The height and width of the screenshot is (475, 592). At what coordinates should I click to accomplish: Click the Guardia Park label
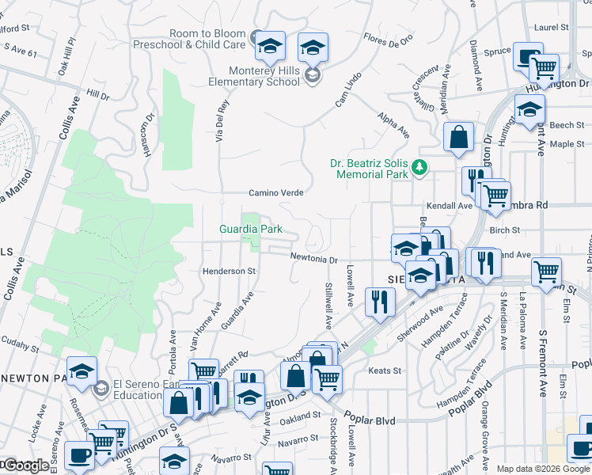point(251,230)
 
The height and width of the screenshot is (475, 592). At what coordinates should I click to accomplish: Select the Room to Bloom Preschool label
point(207,39)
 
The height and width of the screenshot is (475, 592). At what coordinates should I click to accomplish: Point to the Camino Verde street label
point(277,192)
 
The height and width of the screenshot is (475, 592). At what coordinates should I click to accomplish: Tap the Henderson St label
point(230,271)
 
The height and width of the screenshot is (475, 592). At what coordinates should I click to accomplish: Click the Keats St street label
point(385,370)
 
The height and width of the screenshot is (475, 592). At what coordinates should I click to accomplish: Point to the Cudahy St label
point(19,347)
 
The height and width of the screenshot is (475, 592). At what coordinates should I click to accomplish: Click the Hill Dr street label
point(98,95)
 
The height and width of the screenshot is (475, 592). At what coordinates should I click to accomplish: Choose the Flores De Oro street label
point(388,39)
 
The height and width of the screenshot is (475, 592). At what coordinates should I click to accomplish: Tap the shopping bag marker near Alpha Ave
point(458,138)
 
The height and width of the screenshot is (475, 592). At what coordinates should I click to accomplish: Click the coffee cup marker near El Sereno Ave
point(78,457)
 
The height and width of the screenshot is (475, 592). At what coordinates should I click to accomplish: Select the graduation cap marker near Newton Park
point(82,372)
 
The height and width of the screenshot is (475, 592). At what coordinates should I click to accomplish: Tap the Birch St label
point(504,230)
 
